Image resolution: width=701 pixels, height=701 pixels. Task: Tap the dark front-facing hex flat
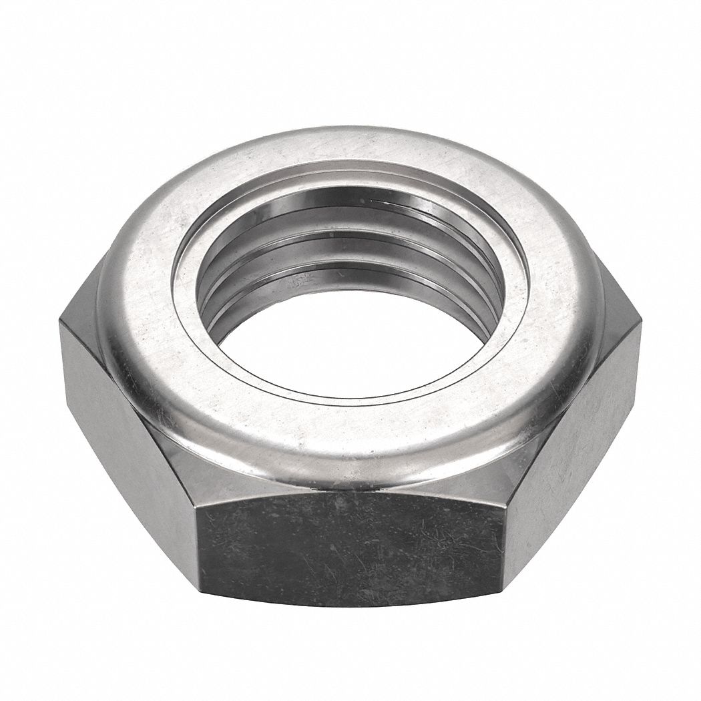[354, 541]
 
